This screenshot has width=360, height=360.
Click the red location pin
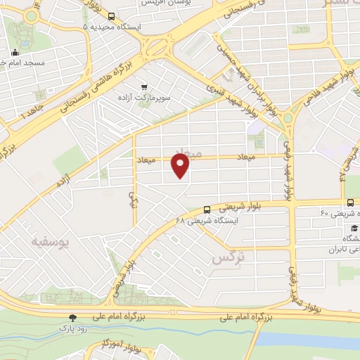[x=181, y=166]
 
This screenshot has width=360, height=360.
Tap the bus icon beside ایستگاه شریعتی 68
[x=207, y=209]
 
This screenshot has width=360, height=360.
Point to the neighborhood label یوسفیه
[x=51, y=242]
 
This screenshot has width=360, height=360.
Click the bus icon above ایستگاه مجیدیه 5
[x=112, y=15]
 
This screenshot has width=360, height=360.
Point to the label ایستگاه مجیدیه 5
[x=112, y=27]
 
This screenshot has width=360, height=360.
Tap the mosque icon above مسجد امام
[x=15, y=52]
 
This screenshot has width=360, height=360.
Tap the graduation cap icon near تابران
[x=354, y=229]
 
